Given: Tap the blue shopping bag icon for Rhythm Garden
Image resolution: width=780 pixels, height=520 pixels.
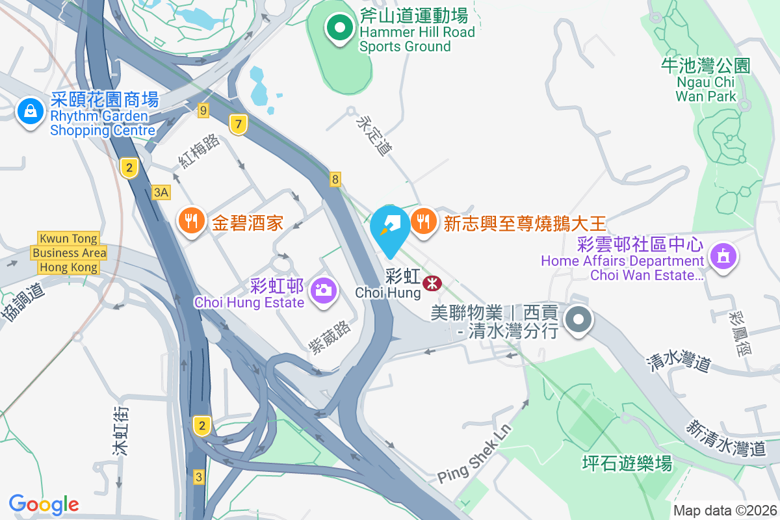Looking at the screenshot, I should point(30,112).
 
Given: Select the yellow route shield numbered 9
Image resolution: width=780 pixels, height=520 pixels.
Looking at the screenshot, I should point(203,111).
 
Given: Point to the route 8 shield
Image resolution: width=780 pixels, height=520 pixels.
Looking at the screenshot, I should point(335,179).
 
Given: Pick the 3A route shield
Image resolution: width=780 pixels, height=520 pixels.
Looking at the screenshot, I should point(161,192).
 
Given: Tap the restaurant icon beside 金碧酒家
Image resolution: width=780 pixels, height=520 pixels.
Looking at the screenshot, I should point(190,221).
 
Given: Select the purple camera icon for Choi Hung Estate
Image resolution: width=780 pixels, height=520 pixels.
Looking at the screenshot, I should point(322,289).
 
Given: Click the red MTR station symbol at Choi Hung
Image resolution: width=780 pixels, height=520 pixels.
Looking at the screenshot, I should point(431,283).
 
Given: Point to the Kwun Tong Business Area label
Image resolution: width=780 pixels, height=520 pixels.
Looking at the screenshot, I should point(69,253).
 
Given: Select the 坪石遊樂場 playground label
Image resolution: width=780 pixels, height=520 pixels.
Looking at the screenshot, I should point(627,463).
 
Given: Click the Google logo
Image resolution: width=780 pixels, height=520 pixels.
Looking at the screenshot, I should point(44,504).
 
